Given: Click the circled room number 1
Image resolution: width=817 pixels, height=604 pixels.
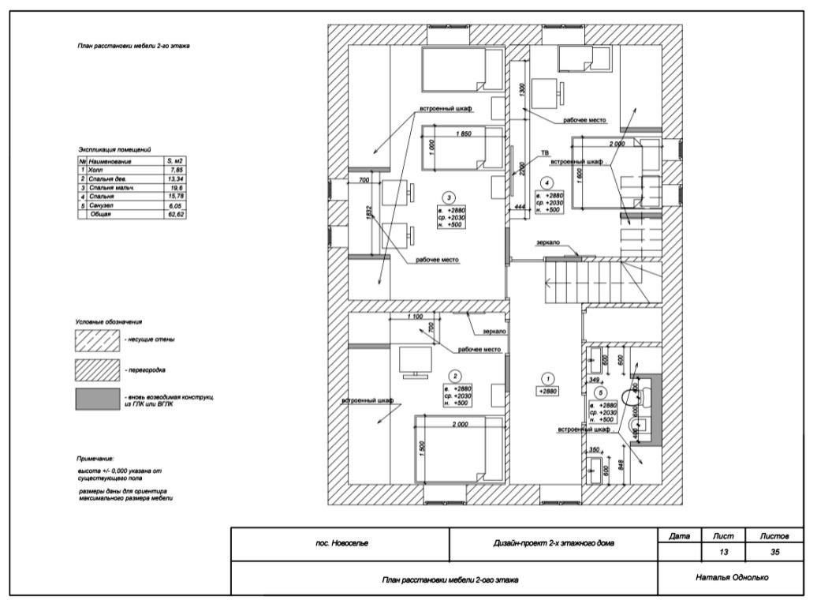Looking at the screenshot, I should (x=550, y=378).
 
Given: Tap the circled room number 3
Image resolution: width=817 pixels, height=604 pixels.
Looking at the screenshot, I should (x=448, y=197).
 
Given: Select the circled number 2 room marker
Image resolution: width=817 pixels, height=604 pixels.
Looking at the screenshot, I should (x=454, y=377).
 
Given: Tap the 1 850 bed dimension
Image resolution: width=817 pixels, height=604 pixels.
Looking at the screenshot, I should (x=463, y=134).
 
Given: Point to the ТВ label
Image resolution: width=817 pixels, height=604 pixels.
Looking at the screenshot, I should (x=544, y=152).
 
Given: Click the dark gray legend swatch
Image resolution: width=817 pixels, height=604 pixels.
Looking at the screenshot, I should (x=95, y=399).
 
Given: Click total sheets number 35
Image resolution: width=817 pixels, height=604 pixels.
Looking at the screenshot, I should (x=774, y=552).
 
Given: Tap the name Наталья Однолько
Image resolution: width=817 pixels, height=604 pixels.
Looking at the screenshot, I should (x=733, y=577).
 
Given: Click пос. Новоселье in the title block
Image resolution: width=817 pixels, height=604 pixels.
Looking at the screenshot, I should (x=341, y=543).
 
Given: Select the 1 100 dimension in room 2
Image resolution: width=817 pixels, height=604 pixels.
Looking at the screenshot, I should (x=412, y=317).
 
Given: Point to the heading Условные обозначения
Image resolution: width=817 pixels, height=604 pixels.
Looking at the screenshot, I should (x=109, y=322).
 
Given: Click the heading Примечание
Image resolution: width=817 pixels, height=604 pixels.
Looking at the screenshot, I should (x=95, y=459).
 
